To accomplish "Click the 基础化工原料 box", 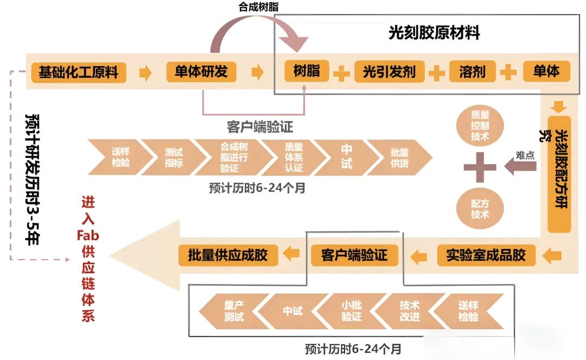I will (78, 72).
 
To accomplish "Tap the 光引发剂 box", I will (388, 72).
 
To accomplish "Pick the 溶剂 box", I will (472, 72).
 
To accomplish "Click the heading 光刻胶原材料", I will (434, 33).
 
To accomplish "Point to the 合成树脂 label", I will (259, 7).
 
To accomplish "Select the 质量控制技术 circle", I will (480, 124).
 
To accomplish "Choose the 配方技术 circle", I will (480, 208).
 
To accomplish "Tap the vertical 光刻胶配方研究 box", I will (559, 173).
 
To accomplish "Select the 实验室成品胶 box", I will (486, 254).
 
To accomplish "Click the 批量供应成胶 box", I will (228, 254).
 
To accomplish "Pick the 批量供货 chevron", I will (400, 157).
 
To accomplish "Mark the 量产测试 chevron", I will (231, 311).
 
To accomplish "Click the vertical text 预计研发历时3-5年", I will (34, 178).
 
